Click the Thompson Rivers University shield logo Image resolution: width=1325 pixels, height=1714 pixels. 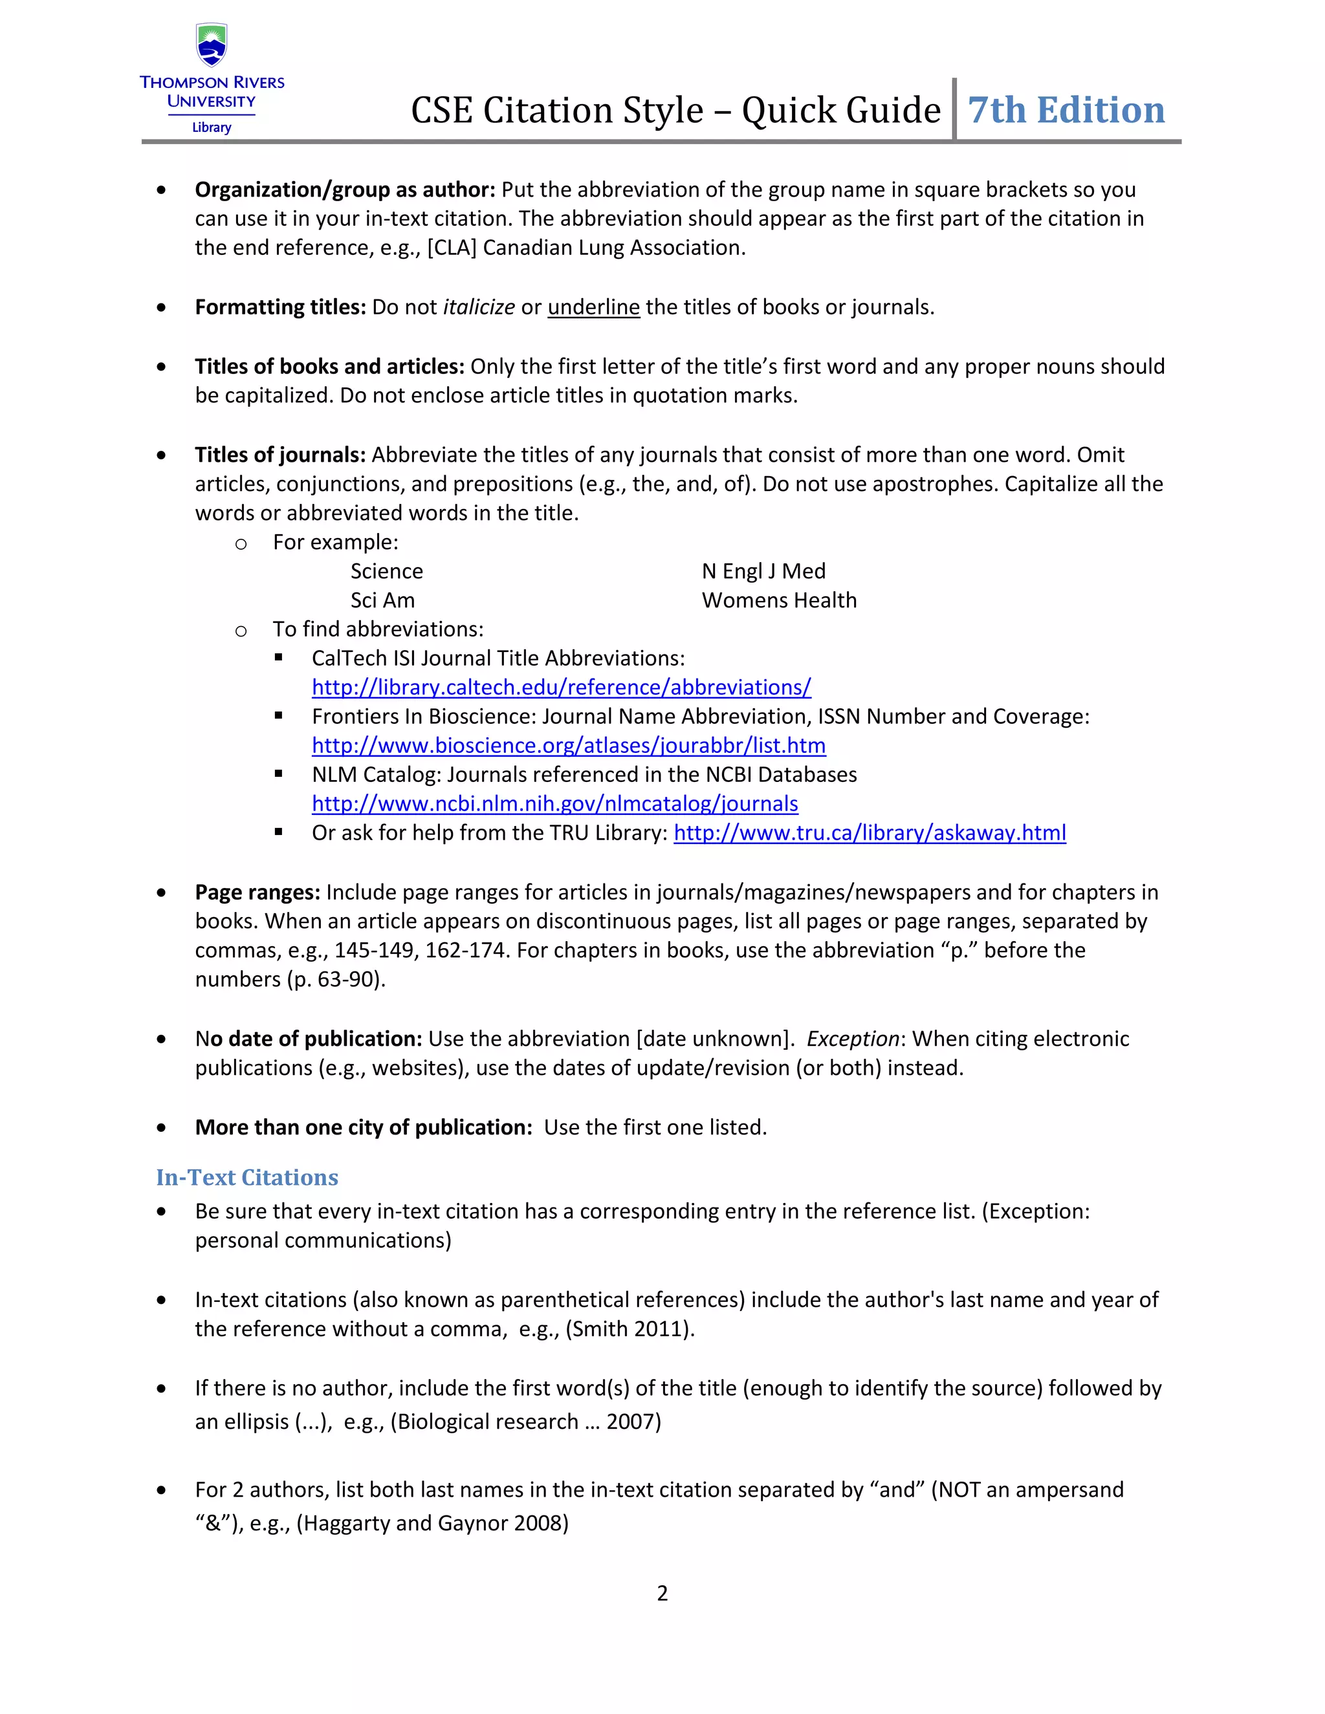(x=211, y=45)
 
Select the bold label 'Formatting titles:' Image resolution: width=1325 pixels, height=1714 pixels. (x=280, y=307)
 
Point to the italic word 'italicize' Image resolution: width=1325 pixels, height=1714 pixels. (x=479, y=307)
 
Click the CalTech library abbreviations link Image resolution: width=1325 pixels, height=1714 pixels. (x=561, y=688)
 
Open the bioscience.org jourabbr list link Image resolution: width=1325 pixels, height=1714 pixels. (x=568, y=746)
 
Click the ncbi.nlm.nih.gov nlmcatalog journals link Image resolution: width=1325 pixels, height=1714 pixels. (x=554, y=803)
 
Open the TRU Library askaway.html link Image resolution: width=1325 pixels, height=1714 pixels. (x=869, y=832)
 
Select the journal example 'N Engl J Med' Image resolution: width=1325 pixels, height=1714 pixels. (x=763, y=571)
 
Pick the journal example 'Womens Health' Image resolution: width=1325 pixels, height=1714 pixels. (x=779, y=600)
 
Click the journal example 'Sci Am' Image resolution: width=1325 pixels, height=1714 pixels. (x=382, y=600)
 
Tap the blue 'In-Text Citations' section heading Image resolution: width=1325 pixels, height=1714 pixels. (x=246, y=1177)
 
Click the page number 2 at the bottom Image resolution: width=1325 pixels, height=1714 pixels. (x=662, y=1593)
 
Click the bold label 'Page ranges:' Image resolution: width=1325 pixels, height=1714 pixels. (x=257, y=893)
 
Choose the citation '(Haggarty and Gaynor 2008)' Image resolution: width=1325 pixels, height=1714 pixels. (x=432, y=1523)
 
